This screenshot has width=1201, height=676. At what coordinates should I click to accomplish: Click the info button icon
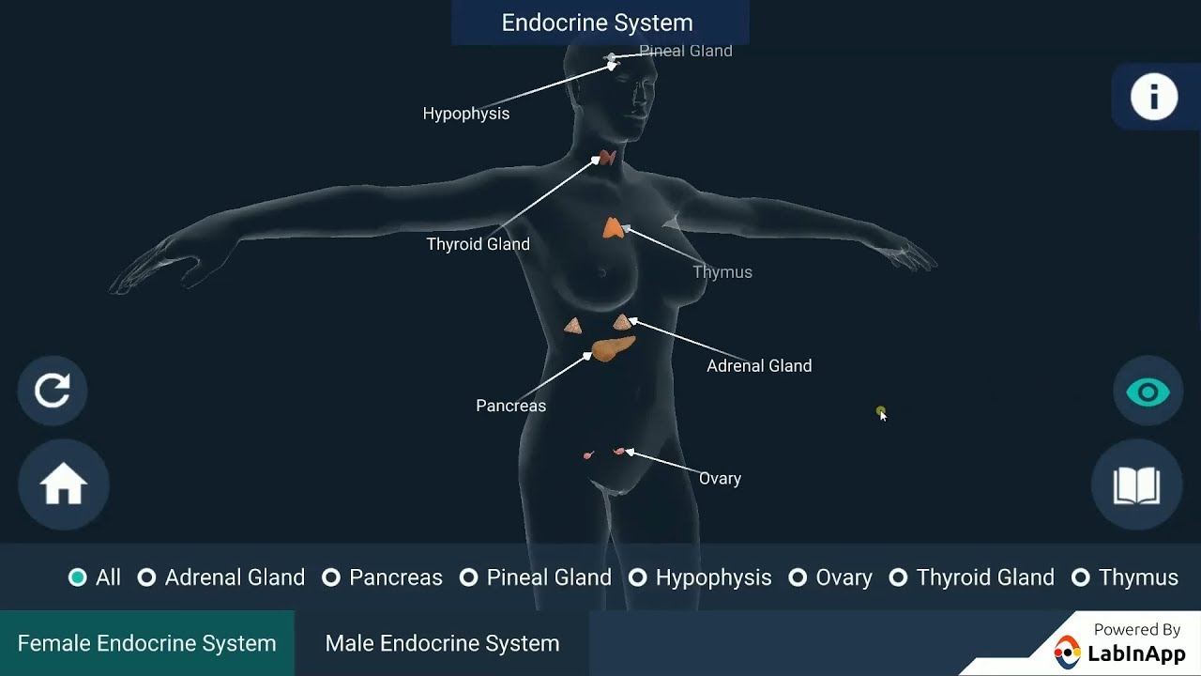pos(1153,97)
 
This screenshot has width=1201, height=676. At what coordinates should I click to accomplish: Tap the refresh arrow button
pos(53,390)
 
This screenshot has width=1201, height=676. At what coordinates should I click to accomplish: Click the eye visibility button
pos(1148,392)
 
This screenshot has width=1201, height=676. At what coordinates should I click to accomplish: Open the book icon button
pos(1136,485)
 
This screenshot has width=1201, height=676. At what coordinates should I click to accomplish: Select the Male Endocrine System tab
pos(442,643)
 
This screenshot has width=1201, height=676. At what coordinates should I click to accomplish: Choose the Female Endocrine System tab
pos(147,643)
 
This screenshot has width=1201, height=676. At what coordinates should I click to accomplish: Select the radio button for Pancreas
pos(331,577)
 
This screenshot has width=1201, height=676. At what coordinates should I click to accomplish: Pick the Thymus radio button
pos(1081,577)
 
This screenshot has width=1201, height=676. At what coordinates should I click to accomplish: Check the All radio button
pos(78,577)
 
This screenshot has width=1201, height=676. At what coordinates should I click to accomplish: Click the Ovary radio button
pos(798,577)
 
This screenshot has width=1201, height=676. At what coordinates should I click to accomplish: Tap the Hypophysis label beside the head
pos(466,114)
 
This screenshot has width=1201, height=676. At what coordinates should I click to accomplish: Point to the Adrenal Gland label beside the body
pos(759,366)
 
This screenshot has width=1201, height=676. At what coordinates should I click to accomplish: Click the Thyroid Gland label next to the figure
pos(478,244)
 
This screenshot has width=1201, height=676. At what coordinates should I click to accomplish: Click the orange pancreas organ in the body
pos(612,349)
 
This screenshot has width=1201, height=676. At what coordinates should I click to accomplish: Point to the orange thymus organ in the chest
pos(613,228)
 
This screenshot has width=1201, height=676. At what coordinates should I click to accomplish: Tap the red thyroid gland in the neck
pos(608,158)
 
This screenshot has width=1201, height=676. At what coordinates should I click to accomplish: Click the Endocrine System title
pos(598,23)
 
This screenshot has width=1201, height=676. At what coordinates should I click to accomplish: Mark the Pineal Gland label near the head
pos(686,51)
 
